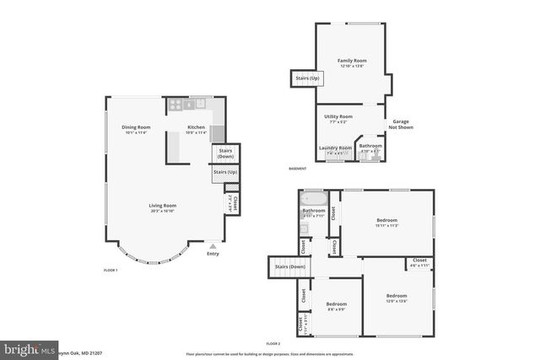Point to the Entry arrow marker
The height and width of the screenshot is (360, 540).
tap(213, 246)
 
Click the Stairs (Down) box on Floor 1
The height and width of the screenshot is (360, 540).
tap(225, 153)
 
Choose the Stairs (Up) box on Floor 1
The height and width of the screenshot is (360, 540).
tap(225, 172)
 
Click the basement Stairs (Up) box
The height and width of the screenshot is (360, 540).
tap(306, 78)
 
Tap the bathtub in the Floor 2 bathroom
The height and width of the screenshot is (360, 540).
tap(314, 196)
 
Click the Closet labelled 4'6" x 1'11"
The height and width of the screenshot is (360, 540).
tap(419, 262)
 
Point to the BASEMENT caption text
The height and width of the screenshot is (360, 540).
tap(297, 169)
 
